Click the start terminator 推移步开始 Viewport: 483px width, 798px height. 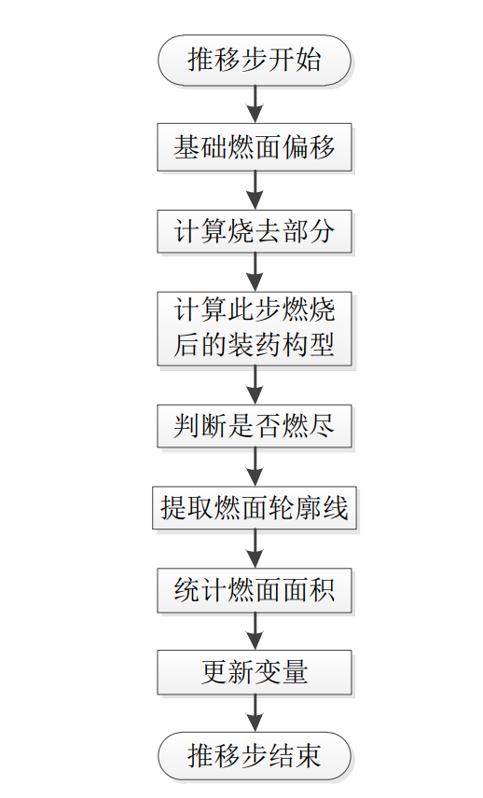[255, 60]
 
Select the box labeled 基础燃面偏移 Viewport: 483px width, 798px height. [255, 147]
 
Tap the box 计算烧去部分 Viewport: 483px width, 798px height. [255, 231]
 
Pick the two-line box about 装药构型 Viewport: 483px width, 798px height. [255, 328]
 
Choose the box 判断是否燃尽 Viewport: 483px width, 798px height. [255, 426]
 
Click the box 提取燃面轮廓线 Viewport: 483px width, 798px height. [255, 508]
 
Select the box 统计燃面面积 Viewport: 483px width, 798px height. [255, 590]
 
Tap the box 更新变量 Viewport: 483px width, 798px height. [255, 672]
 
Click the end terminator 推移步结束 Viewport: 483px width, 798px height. [255, 756]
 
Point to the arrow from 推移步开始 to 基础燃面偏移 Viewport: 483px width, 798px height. [255, 103]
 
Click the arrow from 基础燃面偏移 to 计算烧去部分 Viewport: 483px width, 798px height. [255, 190]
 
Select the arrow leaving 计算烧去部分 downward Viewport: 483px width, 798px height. [255, 272]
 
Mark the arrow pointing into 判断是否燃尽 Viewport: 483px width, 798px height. [255, 385]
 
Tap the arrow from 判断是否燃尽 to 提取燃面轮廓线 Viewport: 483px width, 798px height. [255, 467]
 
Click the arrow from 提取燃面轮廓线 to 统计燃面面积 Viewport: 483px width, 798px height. [255, 548]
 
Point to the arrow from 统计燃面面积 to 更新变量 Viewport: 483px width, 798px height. [255, 631]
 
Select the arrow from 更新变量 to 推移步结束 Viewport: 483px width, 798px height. [255, 713]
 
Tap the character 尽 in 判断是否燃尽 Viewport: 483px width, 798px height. [321, 426]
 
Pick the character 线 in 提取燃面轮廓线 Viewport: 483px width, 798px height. [336, 508]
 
